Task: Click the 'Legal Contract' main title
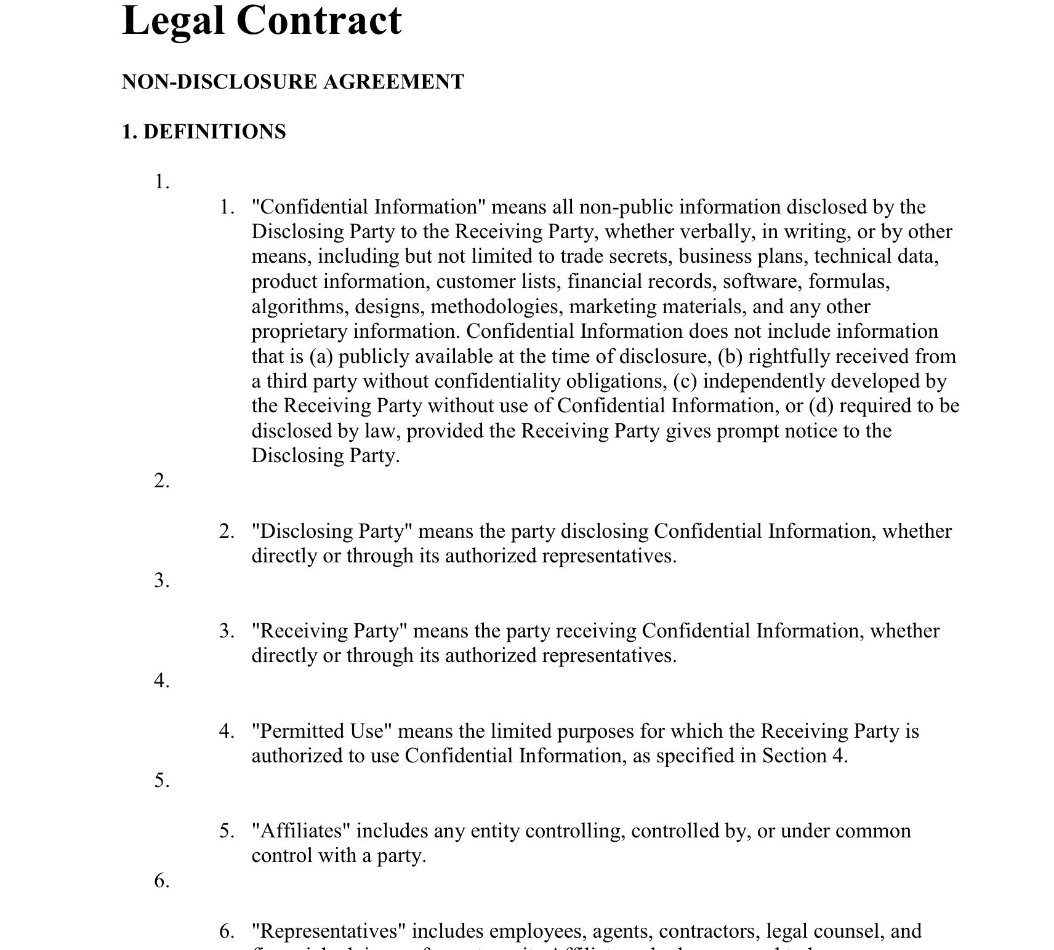tap(262, 20)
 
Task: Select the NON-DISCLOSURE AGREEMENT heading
tap(293, 82)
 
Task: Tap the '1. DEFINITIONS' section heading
tap(204, 132)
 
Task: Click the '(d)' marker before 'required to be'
tap(821, 406)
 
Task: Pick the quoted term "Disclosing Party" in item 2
tap(332, 531)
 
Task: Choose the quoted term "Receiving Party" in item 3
tap(329, 631)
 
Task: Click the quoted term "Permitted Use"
tap(322, 731)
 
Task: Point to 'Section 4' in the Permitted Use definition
tap(805, 756)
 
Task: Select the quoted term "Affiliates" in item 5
tap(301, 831)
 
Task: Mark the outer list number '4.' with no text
tap(162, 681)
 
